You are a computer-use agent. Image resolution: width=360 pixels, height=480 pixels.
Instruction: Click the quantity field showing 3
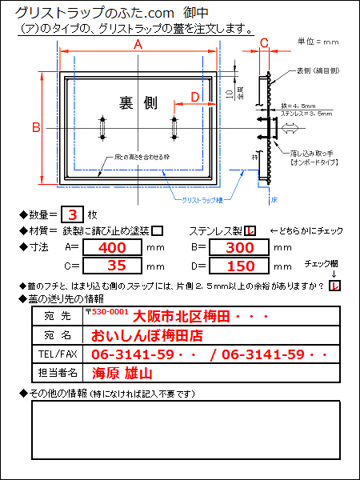pyautogui.click(x=73, y=214)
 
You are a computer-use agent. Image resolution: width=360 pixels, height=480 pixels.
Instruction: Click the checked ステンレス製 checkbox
pyautogui.click(x=250, y=231)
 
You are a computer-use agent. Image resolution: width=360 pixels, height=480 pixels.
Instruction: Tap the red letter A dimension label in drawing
pyautogui.click(x=137, y=46)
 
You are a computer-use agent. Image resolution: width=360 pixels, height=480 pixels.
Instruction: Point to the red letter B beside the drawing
pyautogui.click(x=36, y=127)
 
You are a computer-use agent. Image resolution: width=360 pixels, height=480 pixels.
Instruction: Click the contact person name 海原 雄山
pyautogui.click(x=122, y=373)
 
